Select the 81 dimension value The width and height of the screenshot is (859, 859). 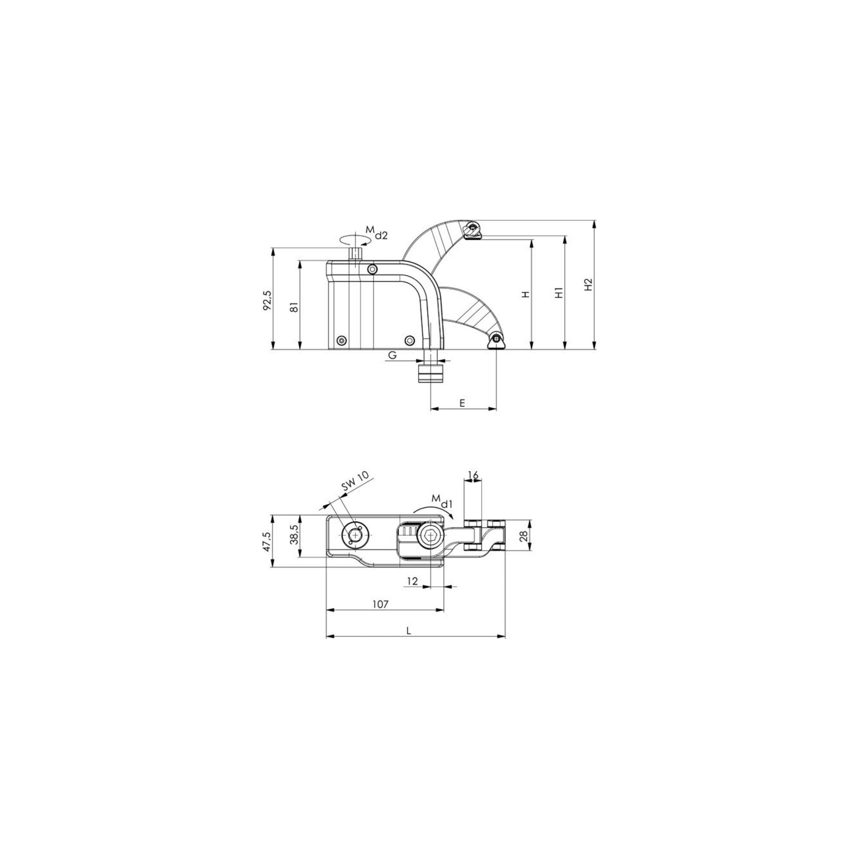click(294, 307)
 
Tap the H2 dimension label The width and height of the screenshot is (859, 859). click(588, 285)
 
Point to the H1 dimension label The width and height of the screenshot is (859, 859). click(559, 292)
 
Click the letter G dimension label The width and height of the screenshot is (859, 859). click(392, 355)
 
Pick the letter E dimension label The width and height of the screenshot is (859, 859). click(462, 403)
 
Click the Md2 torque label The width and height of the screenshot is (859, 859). click(377, 232)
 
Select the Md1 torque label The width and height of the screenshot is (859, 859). click(441, 501)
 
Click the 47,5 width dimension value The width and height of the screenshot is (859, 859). click(267, 541)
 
